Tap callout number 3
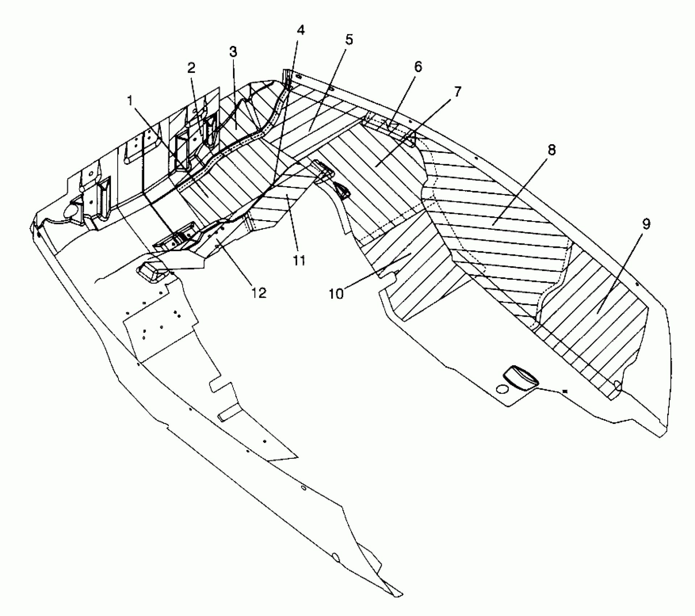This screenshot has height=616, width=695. point(233,52)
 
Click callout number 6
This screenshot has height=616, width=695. point(418,67)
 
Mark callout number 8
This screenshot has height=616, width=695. point(551,150)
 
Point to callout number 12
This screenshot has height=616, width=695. point(260,292)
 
